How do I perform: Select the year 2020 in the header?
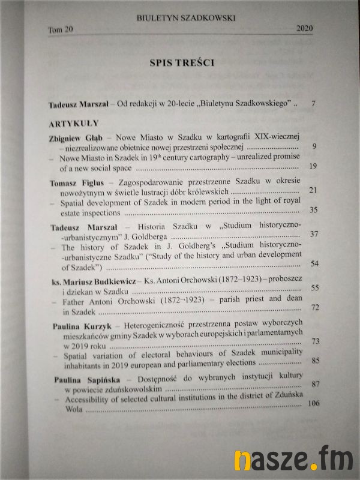(305, 29)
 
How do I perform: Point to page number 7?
(313, 104)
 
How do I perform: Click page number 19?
(312, 166)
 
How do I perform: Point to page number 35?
(312, 211)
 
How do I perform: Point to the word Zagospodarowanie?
(158, 182)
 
